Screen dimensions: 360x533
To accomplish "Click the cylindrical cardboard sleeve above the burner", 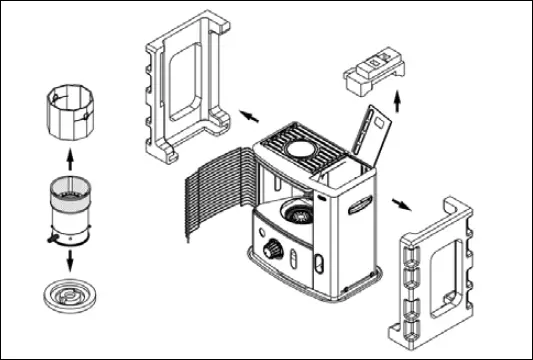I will click(69, 112).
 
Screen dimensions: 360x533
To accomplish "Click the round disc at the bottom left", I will click(69, 298).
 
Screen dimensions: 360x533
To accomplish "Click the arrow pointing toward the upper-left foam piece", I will click(243, 117).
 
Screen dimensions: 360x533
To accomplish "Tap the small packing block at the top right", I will click(376, 70).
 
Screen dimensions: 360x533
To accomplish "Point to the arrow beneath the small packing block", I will click(399, 101).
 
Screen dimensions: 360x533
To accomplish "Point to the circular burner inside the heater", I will click(297, 212).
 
